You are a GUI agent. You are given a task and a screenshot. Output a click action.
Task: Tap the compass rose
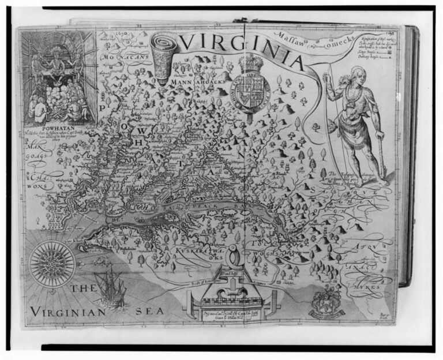pos(52,264)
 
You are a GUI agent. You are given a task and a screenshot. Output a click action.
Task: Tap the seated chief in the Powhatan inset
pos(56,64)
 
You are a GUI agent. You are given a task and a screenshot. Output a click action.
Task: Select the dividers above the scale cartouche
pos(231,254)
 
